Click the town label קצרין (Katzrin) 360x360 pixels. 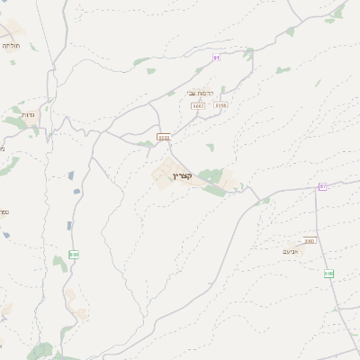point(181,175)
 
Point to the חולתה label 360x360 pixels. point(11,45)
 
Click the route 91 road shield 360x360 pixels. point(217,58)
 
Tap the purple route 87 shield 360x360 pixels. point(322,186)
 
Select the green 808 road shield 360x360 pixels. point(328,273)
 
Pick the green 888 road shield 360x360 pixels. point(74,255)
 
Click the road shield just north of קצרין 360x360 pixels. point(163,137)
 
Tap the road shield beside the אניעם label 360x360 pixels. point(310,240)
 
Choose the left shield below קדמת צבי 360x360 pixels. point(198,105)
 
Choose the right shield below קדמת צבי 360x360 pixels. point(221,105)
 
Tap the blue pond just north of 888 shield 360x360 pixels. point(68,225)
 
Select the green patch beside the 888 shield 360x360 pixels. point(59,263)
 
